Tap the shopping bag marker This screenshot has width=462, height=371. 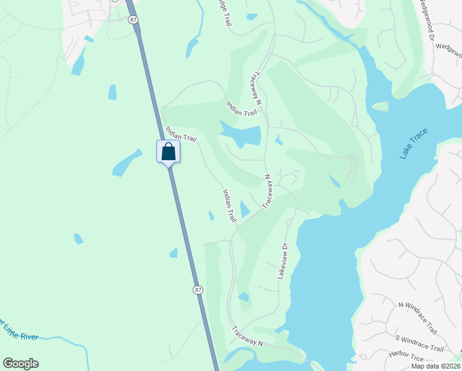coord(169,152)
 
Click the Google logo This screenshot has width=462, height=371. coord(20,364)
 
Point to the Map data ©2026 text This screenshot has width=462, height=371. coord(435,366)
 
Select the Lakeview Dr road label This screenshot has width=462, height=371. coord(283,260)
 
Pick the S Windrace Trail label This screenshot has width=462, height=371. coord(420,344)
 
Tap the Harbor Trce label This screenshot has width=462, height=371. coord(406,356)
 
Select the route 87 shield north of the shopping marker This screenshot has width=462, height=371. coord(133,20)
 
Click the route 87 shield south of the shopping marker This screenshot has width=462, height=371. coord(198,289)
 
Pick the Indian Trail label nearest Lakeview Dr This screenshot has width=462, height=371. coord(230,206)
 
